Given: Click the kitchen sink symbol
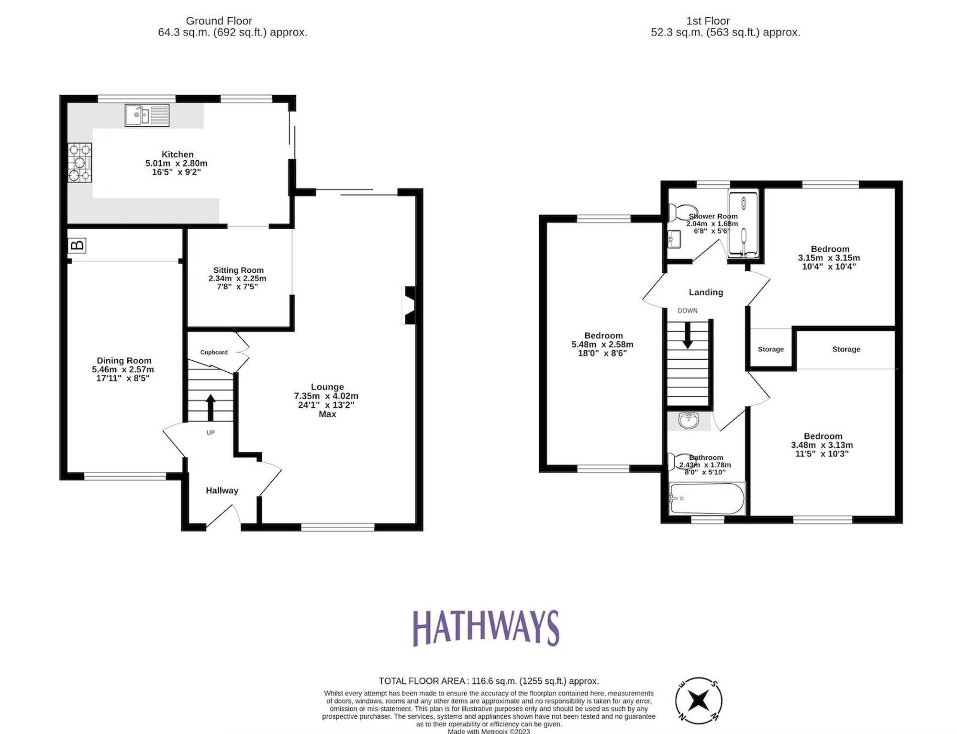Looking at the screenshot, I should click(147, 115).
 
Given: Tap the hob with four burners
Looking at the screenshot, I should click(79, 163).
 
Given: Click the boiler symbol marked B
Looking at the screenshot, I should click(77, 245).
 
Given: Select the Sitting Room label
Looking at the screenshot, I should click(238, 270).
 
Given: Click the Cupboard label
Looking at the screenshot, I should click(214, 352).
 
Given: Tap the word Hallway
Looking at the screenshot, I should click(222, 490).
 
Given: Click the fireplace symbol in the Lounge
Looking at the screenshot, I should click(410, 305).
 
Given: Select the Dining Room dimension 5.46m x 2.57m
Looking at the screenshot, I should click(123, 369).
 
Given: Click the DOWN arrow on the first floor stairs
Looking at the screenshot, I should click(688, 336).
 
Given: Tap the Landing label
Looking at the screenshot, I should click(706, 292).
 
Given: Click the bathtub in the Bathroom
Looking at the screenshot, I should click(707, 498).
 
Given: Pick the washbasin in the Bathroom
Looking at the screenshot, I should click(689, 421).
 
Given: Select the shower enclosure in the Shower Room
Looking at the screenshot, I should click(744, 223).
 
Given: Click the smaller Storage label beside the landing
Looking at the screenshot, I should click(770, 349).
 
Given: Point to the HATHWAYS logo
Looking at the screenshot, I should click(486, 628).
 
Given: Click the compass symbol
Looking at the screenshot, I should click(699, 701).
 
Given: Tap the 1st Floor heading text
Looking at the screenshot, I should click(708, 21).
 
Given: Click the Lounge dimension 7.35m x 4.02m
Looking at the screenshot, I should click(326, 396).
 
